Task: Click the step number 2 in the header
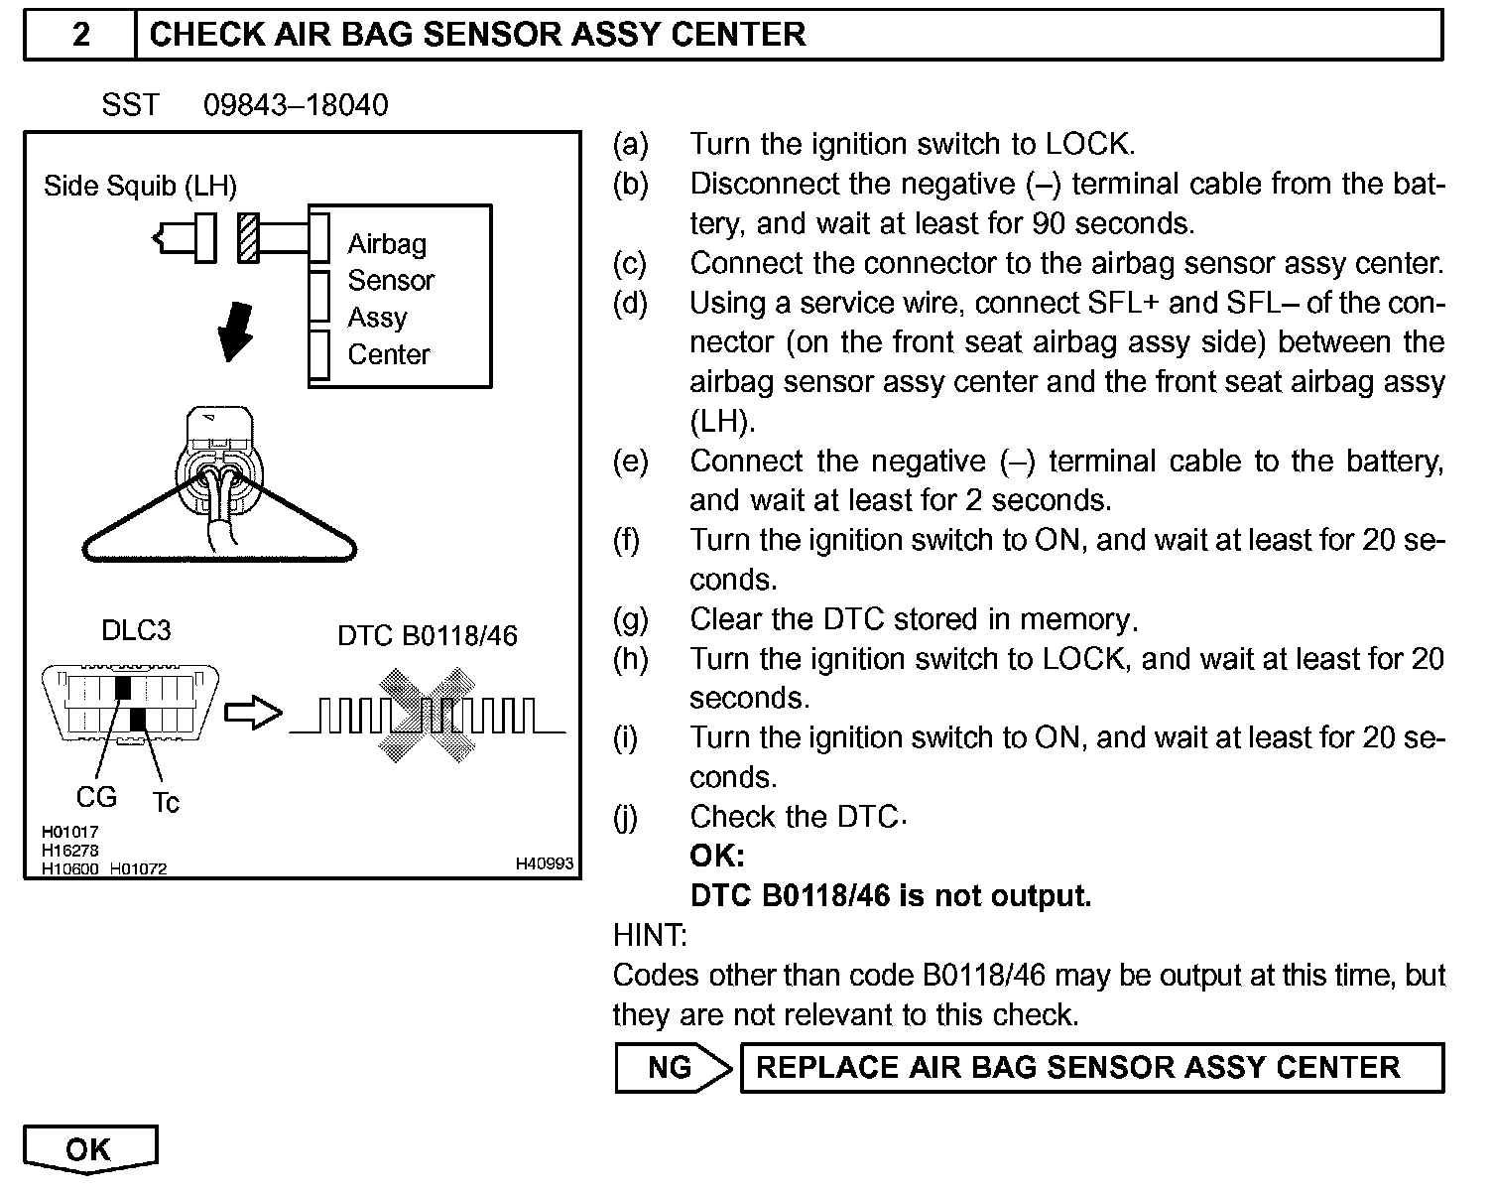(x=80, y=35)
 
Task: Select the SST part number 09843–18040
(x=296, y=105)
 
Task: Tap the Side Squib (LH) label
(x=140, y=186)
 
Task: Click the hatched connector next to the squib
(x=248, y=238)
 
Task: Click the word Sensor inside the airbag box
(x=391, y=281)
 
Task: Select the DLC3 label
(x=136, y=631)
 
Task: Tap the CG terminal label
(x=96, y=797)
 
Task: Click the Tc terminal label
(x=166, y=802)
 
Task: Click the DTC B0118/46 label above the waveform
(x=428, y=635)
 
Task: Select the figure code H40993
(x=544, y=864)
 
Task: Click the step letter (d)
(x=630, y=303)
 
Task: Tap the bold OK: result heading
(x=717, y=857)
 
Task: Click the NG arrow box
(x=673, y=1067)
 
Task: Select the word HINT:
(x=650, y=935)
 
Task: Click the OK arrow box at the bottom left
(x=89, y=1149)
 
